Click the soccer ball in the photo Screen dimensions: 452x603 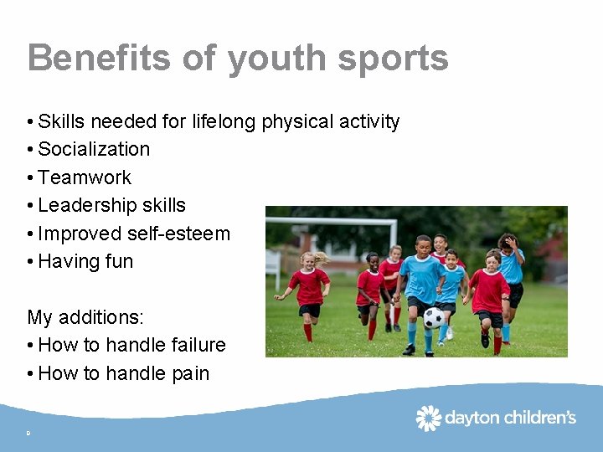point(434,318)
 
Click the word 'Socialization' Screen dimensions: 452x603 point(94,149)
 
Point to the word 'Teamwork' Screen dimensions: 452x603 point(85,177)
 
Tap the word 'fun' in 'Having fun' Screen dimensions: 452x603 point(119,261)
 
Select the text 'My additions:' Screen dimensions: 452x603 point(85,317)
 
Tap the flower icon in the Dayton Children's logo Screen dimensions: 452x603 point(429,417)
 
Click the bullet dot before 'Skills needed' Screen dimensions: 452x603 point(30,122)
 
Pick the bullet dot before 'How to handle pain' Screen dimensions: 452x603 point(30,374)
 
